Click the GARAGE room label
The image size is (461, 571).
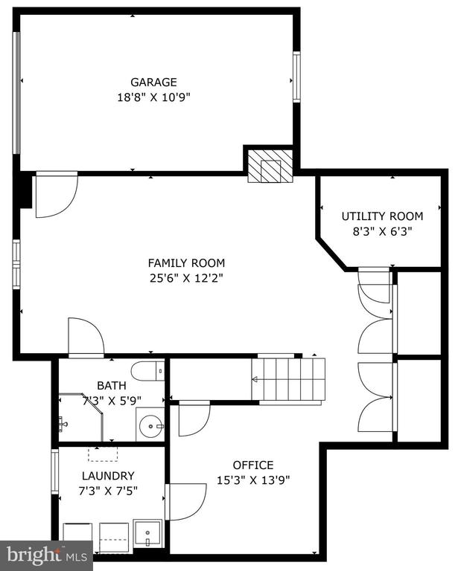(x=153, y=83)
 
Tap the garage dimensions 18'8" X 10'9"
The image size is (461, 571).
(x=153, y=97)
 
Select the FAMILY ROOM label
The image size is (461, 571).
(x=186, y=263)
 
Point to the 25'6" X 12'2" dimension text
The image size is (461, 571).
(x=186, y=279)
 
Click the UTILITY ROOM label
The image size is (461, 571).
(x=382, y=216)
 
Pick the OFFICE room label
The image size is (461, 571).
(x=253, y=465)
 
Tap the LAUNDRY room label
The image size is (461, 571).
(x=108, y=476)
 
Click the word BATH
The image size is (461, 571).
(x=112, y=385)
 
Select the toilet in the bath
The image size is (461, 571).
(x=147, y=371)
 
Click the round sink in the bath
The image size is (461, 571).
(x=150, y=425)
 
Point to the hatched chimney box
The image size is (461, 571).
(x=270, y=167)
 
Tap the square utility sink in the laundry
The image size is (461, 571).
(x=147, y=533)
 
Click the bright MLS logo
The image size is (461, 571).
(x=46, y=555)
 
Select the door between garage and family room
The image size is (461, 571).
(x=57, y=195)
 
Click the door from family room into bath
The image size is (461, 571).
(x=86, y=338)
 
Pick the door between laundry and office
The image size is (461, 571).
(x=185, y=502)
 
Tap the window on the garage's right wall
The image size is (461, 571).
(x=296, y=77)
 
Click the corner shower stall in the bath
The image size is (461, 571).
(x=80, y=417)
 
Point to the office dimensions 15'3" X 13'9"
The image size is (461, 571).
(x=253, y=480)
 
